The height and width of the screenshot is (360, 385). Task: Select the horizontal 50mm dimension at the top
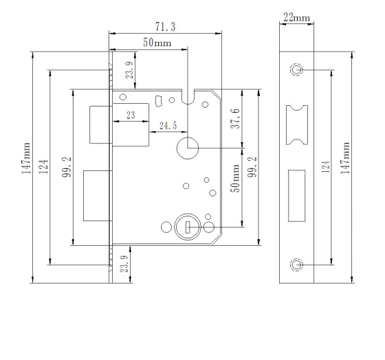coord(157,43)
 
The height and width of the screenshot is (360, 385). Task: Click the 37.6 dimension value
coord(234,118)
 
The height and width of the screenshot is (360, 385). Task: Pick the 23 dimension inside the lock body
coord(130,116)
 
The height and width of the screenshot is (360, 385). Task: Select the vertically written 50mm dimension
coord(234,178)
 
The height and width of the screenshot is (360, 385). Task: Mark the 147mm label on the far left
coord(26,159)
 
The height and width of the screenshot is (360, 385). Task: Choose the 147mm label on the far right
coord(346,159)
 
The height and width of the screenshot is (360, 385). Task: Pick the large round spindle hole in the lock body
coord(187,146)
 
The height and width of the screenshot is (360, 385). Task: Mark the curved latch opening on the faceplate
coord(296,124)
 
